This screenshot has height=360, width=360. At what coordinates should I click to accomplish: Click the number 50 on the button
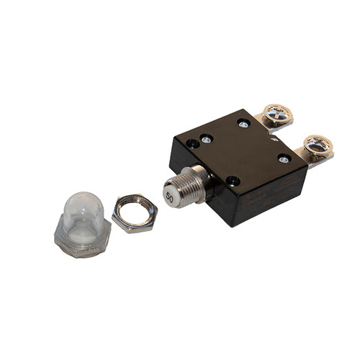171,195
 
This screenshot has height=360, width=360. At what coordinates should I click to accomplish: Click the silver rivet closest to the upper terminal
243,123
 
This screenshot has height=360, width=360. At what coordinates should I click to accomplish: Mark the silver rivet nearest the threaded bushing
206,139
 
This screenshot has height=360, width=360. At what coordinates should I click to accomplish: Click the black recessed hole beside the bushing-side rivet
194,144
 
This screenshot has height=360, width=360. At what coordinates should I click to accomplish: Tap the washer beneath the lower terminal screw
317,149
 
